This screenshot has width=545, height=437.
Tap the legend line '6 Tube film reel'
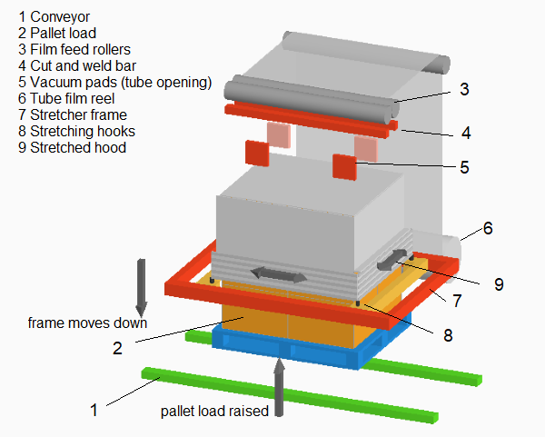pos(62,98)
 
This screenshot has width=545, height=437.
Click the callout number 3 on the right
pos(464,90)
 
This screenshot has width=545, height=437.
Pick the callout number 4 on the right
pos(465,133)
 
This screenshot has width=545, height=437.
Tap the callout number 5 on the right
pos(464,167)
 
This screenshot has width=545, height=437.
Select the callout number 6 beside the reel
pos(488,229)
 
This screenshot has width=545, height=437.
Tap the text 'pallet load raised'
pos(214,411)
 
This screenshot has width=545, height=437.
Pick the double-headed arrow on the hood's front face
pos(277,273)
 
